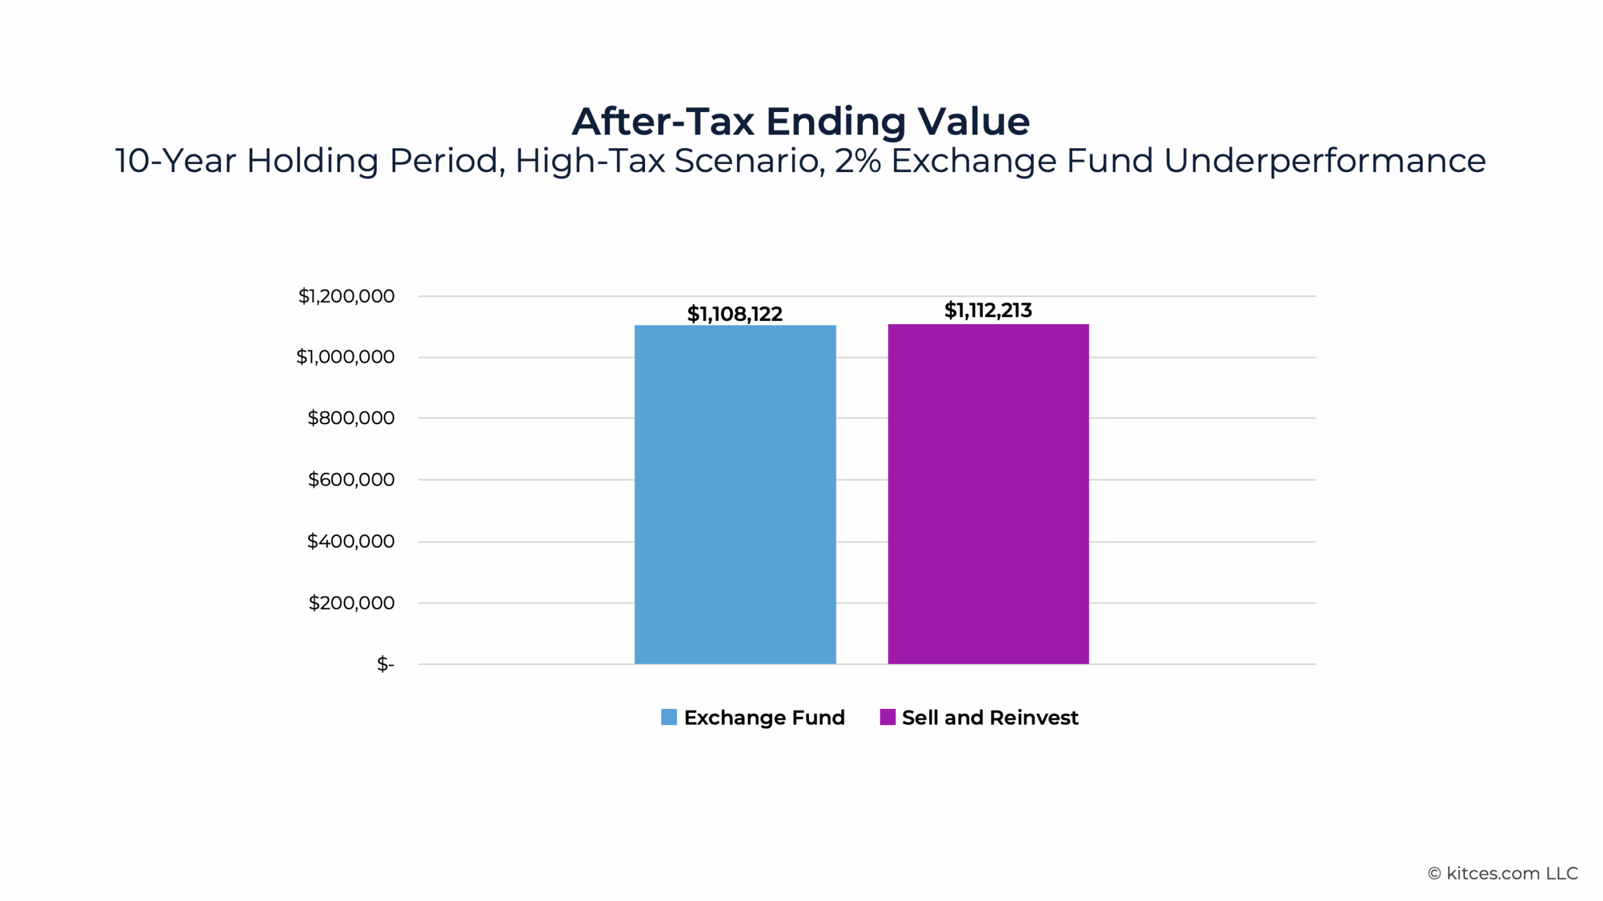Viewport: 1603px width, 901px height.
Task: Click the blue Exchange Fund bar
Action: (x=734, y=494)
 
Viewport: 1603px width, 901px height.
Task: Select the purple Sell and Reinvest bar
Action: (x=988, y=494)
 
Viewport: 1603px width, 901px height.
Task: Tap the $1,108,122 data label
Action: (x=734, y=314)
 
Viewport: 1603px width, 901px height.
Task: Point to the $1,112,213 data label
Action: (x=988, y=310)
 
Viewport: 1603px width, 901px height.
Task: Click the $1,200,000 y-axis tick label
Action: (x=346, y=296)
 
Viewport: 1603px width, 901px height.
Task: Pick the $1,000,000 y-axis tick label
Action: (x=345, y=357)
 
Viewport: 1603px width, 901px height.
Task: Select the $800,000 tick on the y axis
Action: (x=351, y=418)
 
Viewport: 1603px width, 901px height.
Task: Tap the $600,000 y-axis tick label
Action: (x=351, y=479)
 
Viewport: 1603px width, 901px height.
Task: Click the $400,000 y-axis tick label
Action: (x=351, y=541)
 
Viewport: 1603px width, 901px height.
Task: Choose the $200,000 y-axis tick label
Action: (x=351, y=603)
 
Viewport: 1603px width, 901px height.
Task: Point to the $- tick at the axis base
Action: (x=385, y=664)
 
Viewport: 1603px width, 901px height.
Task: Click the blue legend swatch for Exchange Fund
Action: (x=669, y=717)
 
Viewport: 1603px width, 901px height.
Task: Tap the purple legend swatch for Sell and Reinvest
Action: (x=887, y=717)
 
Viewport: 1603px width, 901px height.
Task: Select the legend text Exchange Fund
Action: (x=764, y=718)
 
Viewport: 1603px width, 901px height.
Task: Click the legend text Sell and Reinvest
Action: (x=990, y=718)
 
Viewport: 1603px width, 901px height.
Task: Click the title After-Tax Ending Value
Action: (x=801, y=121)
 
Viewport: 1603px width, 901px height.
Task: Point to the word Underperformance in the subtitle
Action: (x=1324, y=161)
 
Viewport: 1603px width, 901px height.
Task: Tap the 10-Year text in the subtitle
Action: (x=175, y=161)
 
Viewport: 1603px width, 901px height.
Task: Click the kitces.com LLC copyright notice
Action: (x=1503, y=873)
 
